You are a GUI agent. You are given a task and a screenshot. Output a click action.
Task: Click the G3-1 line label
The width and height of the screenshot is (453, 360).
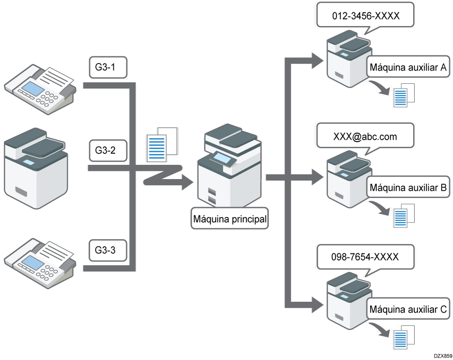pos(109,68)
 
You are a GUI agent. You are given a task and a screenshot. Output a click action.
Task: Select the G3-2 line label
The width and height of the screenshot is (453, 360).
pos(109,151)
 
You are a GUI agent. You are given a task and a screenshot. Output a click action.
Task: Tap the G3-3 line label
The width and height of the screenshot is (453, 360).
pos(109,251)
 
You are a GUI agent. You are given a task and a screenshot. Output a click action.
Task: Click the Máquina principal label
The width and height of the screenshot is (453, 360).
pos(230,219)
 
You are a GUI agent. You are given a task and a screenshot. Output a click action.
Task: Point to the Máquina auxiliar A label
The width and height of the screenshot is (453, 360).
pos(408,68)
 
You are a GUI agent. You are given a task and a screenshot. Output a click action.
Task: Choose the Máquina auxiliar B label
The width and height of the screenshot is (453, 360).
pos(408,188)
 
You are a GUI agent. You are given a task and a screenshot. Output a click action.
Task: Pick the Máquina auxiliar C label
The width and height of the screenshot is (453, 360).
pos(408,310)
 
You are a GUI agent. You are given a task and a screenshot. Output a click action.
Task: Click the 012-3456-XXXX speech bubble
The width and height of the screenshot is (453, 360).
pos(365,16)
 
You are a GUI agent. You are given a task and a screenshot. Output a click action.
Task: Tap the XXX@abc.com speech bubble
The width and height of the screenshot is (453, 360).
pos(365,136)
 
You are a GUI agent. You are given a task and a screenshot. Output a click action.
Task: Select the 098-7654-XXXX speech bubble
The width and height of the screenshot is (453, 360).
pos(365,257)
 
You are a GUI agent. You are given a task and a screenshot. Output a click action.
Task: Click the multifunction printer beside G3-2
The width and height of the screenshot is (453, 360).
pos(36,168)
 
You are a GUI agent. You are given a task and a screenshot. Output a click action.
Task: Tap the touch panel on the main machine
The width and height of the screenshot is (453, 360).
pos(223,157)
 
